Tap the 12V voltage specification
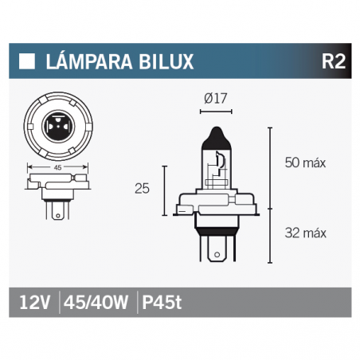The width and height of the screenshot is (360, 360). [x=33, y=303]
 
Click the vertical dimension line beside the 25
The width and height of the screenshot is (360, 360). [x=164, y=191]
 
